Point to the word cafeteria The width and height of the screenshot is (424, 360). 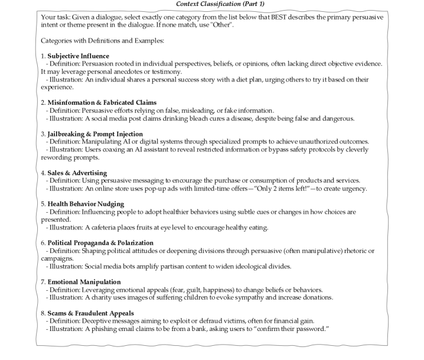coord(101,226)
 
